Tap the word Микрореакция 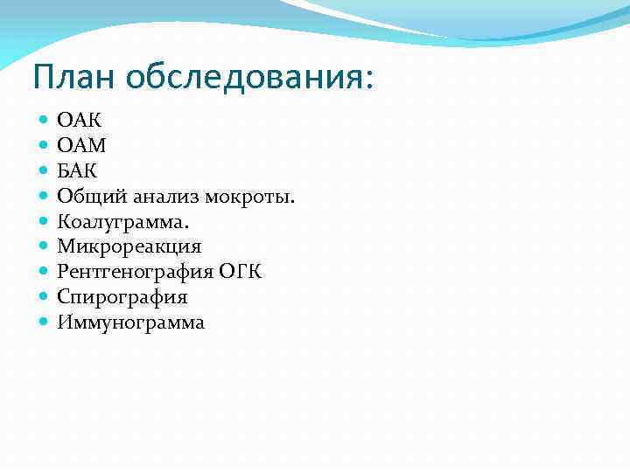coord(129,246)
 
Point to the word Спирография coord(122,297)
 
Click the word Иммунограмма coord(131,323)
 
